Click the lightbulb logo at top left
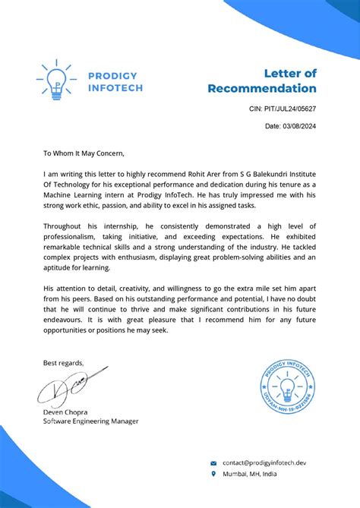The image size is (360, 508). pos(55,81)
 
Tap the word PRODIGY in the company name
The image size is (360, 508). pos(112,75)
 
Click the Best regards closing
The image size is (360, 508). pos(64,362)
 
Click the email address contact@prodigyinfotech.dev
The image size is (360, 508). pos(264,462)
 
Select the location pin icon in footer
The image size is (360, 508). pos(213,473)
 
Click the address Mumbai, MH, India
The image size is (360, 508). pos(249,473)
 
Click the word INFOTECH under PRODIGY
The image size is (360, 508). pos(115,87)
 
